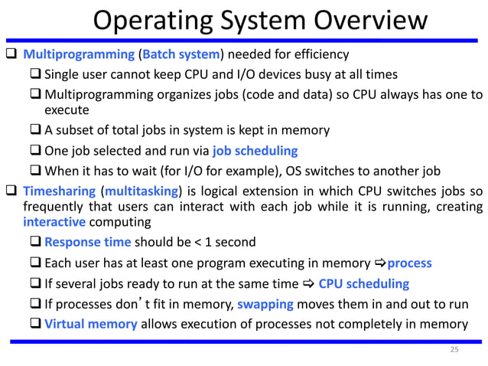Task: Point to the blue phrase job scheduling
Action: coord(255,150)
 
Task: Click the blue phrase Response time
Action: coord(88,243)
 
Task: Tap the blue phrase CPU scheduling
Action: coord(363,284)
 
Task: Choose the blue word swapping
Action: coord(265,304)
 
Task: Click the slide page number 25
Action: coord(454,350)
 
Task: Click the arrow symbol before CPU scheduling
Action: coord(309,284)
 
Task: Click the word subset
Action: coord(77,130)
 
